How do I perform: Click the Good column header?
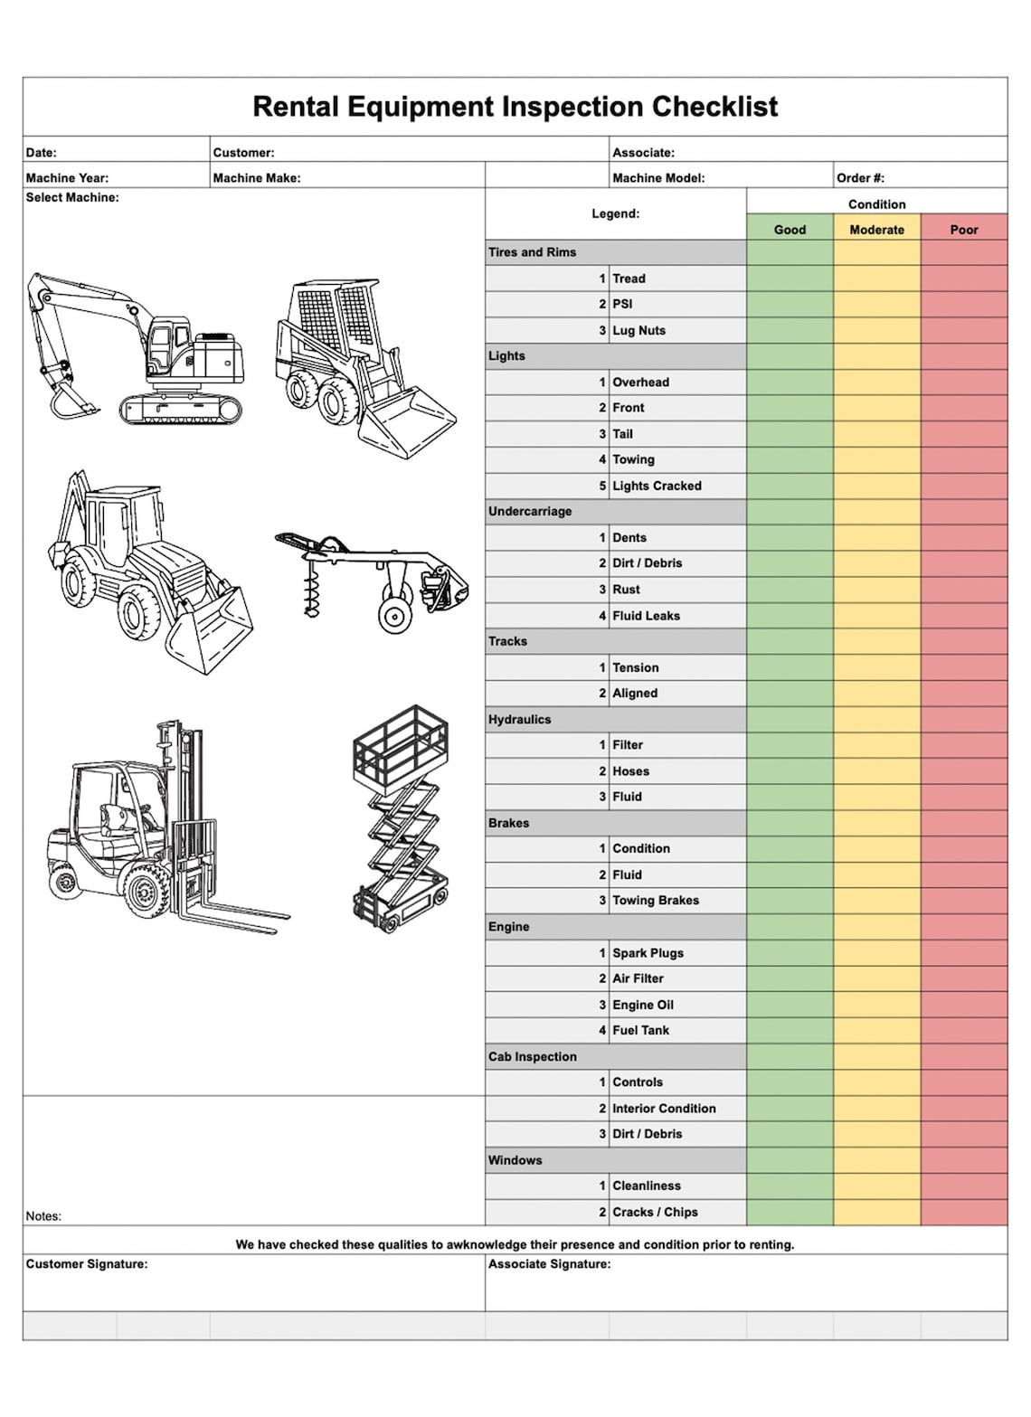click(x=790, y=230)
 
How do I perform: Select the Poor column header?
click(x=964, y=230)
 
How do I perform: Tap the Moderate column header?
click(x=876, y=230)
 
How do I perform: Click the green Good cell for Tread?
click(x=790, y=279)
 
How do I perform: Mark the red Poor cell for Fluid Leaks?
click(x=964, y=616)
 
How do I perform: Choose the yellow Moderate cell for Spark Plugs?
click(x=876, y=953)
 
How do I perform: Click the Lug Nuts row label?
click(x=638, y=331)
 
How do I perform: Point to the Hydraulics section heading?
click(x=519, y=720)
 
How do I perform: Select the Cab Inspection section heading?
click(x=532, y=1056)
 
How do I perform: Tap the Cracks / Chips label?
click(x=655, y=1212)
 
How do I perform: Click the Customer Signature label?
click(x=87, y=1264)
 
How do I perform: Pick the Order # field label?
click(x=860, y=178)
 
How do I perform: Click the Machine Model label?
click(x=658, y=178)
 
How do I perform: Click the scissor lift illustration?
click(x=401, y=818)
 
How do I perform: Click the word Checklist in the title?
click(x=714, y=107)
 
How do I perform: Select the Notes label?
click(x=43, y=1216)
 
